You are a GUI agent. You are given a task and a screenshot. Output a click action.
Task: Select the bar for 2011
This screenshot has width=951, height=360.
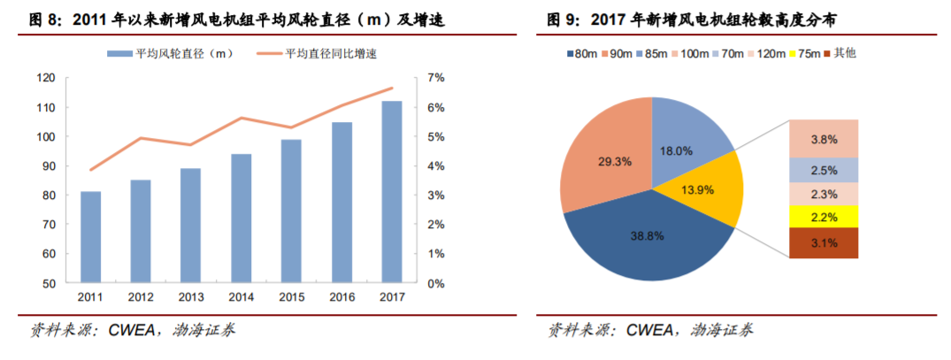[90, 237]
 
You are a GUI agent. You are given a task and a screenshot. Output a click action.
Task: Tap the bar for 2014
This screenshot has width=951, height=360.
[241, 218]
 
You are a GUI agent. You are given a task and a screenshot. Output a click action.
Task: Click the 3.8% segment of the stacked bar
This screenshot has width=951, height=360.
[822, 139]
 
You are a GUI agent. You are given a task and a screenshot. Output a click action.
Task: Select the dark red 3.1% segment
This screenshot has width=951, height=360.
[822, 243]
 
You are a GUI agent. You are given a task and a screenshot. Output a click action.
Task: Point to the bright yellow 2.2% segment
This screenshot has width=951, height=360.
[822, 217]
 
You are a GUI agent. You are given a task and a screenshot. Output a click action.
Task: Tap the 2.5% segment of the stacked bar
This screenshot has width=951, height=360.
[822, 170]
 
